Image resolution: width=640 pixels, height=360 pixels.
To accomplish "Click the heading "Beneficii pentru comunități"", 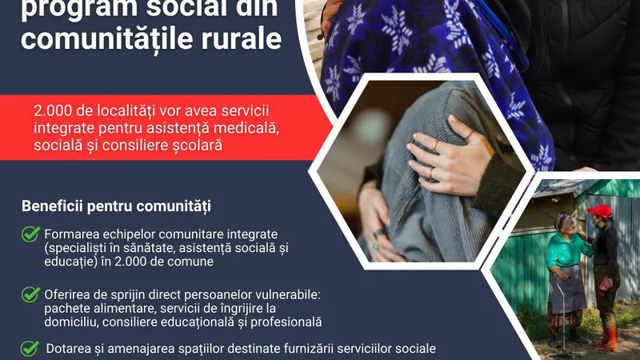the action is point(116,206).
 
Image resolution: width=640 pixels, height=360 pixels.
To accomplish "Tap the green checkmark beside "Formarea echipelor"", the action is point(30,234).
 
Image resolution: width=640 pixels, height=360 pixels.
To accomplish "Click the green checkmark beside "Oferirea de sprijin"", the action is point(30,294).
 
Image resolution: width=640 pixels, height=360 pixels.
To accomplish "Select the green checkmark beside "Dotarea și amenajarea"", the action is point(30,348).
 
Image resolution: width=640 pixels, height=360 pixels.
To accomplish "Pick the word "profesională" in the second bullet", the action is point(286,322).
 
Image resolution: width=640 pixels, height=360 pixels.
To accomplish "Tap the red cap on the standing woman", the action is point(600,210).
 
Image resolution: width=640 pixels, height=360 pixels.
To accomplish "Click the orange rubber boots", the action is point(606,339).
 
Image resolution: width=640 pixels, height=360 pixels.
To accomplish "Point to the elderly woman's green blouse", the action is point(566,250).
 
